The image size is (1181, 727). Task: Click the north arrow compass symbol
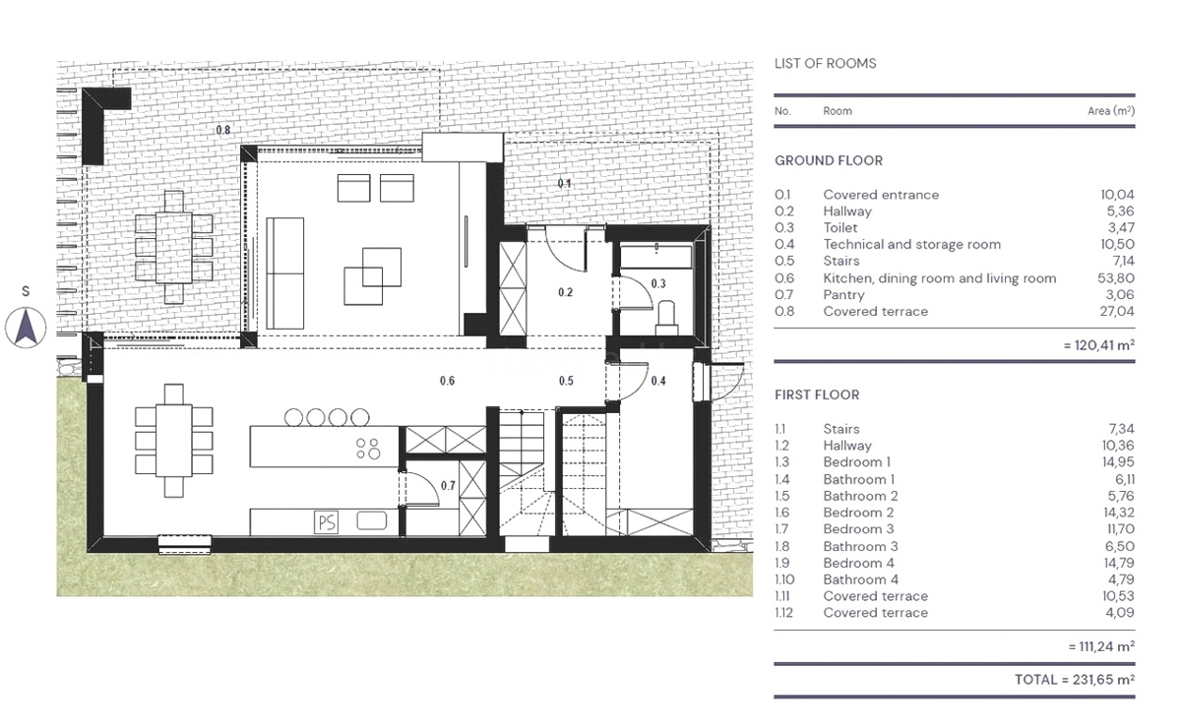tap(28, 327)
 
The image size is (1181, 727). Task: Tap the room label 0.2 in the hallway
tap(565, 292)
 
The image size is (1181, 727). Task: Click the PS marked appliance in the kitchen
tap(326, 522)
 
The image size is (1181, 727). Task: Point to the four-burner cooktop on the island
tap(368, 448)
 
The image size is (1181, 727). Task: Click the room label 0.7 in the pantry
tap(448, 485)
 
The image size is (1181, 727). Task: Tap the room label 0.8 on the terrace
tap(222, 130)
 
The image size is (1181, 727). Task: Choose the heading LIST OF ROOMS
tap(825, 64)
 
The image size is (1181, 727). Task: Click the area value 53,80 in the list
tap(1116, 278)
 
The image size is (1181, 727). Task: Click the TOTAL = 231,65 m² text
tap(1074, 680)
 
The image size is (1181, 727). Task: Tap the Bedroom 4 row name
tap(858, 563)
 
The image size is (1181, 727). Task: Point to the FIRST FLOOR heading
tap(817, 395)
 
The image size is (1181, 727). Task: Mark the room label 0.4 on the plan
tap(658, 381)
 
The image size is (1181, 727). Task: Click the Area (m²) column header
tap(1110, 111)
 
